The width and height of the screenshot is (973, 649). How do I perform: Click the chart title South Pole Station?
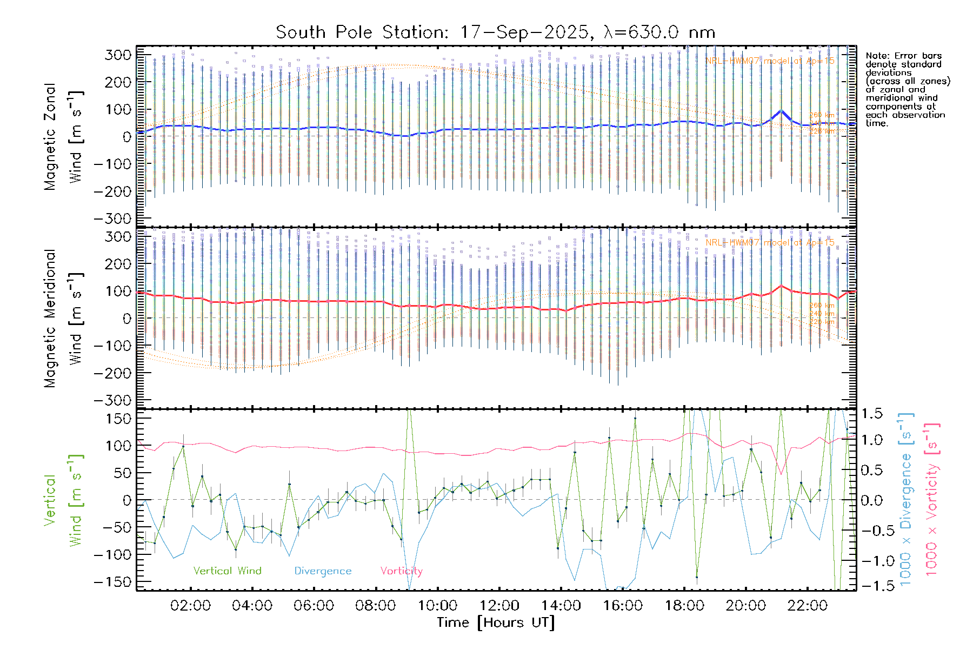click(x=495, y=32)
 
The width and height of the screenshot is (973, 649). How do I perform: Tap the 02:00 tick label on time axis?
click(x=190, y=606)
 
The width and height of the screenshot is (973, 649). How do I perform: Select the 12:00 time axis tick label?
click(x=499, y=606)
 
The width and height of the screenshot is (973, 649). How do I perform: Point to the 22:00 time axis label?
click(x=808, y=606)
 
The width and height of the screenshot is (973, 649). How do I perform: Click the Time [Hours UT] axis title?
click(x=496, y=622)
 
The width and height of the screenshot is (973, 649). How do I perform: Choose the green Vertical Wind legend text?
click(x=227, y=571)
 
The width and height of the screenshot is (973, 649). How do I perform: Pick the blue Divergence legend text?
click(x=323, y=571)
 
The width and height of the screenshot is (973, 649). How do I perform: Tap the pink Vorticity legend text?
click(x=401, y=571)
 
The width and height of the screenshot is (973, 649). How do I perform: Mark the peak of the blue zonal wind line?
click(x=781, y=111)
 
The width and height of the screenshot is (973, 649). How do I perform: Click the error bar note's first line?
click(x=903, y=56)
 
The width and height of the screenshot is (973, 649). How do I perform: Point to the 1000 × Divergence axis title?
click(x=906, y=500)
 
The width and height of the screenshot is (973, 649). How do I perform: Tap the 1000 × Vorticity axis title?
click(x=932, y=500)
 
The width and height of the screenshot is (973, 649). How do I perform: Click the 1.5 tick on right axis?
click(x=871, y=414)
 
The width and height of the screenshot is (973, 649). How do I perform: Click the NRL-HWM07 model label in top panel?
click(x=770, y=61)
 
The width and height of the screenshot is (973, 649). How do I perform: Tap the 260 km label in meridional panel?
click(x=822, y=306)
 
